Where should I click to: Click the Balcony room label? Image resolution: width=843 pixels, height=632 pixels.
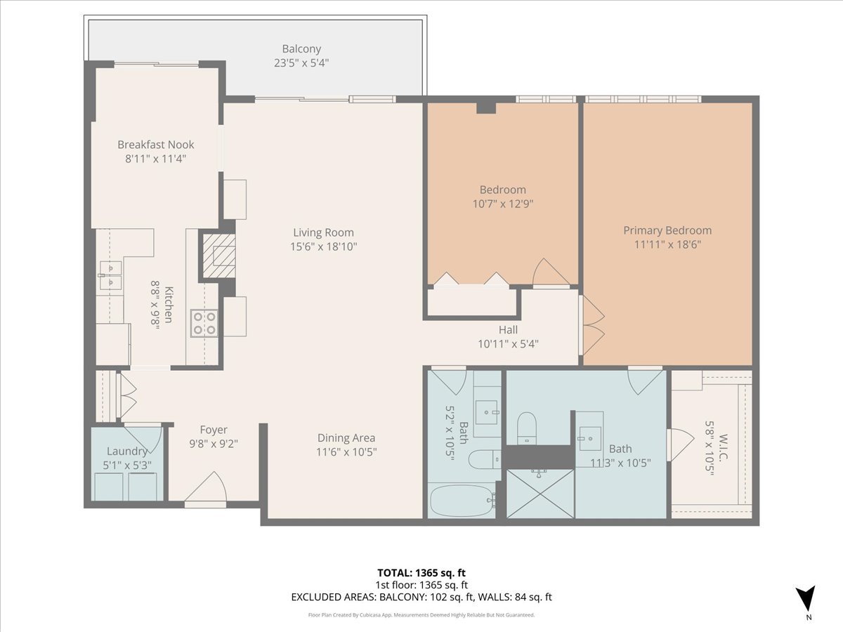pyautogui.click(x=301, y=49)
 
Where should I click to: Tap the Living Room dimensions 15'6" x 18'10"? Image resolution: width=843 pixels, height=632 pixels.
pyautogui.click(x=323, y=246)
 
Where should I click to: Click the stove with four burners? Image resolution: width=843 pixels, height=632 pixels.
pyautogui.click(x=204, y=324)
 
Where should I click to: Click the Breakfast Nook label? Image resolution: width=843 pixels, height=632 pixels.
pyautogui.click(x=155, y=145)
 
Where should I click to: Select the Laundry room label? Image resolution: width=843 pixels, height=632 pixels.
pyautogui.click(x=127, y=452)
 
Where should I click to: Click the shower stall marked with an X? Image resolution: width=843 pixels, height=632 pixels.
pyautogui.click(x=540, y=494)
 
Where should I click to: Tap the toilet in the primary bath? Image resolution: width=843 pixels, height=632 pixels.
pyautogui.click(x=526, y=426)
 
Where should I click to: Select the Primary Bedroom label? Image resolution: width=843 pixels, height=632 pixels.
pyautogui.click(x=667, y=230)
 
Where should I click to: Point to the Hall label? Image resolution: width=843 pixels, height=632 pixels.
pyautogui.click(x=508, y=329)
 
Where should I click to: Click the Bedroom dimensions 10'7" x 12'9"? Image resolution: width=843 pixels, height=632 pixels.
pyautogui.click(x=502, y=204)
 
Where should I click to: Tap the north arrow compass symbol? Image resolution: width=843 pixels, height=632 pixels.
pyautogui.click(x=807, y=599)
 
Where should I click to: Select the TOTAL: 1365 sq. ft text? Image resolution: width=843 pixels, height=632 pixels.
pyautogui.click(x=421, y=572)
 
